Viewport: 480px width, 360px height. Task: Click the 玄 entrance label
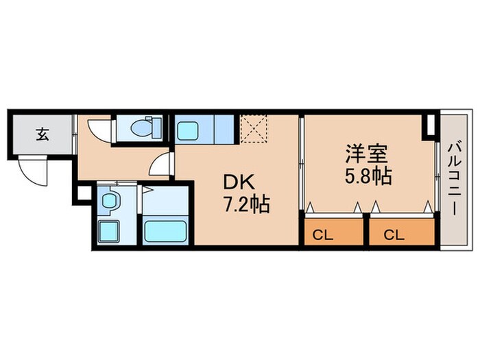43,134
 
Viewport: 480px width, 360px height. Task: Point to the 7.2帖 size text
245,204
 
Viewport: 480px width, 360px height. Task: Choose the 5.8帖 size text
368,176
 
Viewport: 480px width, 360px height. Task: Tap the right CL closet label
393,235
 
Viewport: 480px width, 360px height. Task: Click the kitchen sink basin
188,128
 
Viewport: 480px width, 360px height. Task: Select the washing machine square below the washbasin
109,230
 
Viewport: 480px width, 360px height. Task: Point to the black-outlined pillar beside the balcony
429,125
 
